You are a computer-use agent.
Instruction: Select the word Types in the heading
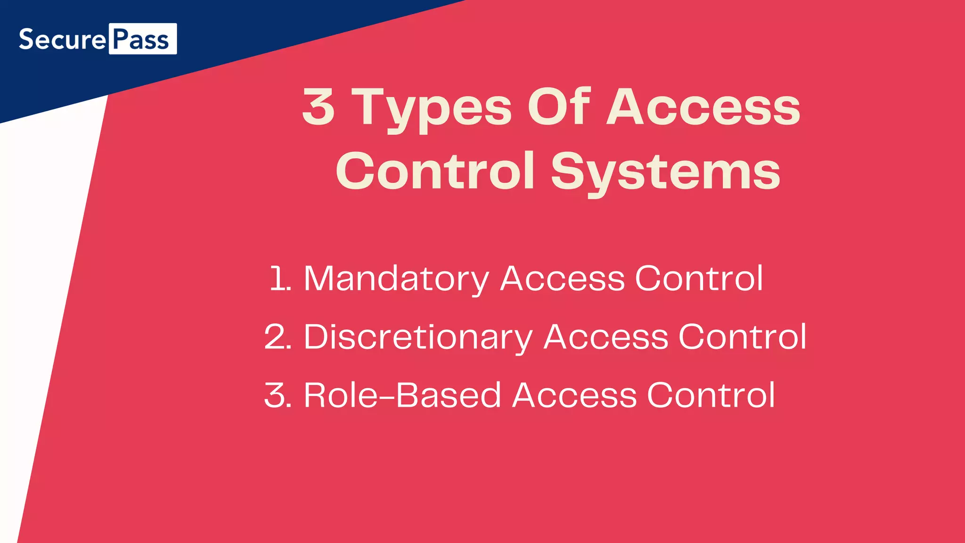[x=432, y=108]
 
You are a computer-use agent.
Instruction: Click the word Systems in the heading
[x=665, y=172]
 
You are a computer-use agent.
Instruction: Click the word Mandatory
[x=396, y=279]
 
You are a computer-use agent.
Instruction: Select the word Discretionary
[x=418, y=337]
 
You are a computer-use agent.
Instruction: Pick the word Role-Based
[x=402, y=395]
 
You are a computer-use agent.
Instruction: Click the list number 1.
[x=280, y=278]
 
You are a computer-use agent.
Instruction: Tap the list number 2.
[x=278, y=337]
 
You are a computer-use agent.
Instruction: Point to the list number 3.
[x=278, y=395]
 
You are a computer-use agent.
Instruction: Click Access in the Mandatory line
[x=562, y=278]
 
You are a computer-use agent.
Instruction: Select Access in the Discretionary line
[x=606, y=337]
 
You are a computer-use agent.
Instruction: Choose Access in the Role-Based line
[x=574, y=395]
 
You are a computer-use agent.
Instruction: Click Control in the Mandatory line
[x=699, y=278]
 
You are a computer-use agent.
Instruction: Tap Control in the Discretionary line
[x=743, y=337]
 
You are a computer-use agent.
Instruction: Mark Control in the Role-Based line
[x=711, y=395]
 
